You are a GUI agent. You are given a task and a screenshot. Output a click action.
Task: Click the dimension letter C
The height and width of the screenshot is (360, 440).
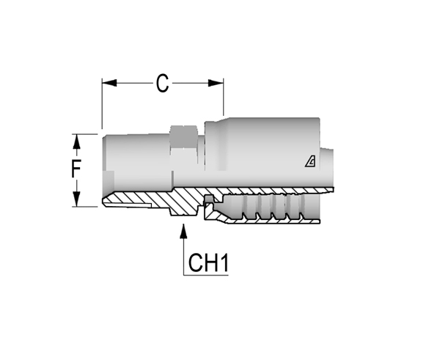coord(163,84)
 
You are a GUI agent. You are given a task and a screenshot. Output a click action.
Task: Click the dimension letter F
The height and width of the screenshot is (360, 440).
coord(76,169)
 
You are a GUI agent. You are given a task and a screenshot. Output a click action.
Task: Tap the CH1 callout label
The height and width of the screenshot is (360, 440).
coord(208,262)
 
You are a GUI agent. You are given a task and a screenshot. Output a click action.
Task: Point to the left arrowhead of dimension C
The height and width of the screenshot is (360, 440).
coord(109,83)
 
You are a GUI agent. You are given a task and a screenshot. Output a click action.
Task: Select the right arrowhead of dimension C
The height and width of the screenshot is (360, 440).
coord(216,83)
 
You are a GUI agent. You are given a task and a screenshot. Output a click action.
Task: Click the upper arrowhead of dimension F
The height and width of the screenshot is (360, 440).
coord(76,142)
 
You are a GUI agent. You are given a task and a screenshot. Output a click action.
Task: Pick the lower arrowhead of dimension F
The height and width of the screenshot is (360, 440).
coord(76,199)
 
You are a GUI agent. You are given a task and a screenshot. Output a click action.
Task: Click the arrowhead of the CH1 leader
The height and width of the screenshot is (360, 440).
coord(183,231)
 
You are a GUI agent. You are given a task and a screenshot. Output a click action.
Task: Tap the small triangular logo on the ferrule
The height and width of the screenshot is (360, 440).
coord(310,162)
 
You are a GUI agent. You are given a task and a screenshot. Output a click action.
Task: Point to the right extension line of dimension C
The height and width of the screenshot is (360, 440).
coord(224,97)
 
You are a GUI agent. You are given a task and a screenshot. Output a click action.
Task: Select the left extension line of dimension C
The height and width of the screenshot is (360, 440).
coord(102,104)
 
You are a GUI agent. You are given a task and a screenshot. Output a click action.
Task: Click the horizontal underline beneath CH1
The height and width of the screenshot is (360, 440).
coord(205,275)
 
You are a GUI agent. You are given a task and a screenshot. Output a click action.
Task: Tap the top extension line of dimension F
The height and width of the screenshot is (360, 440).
coord(85,134)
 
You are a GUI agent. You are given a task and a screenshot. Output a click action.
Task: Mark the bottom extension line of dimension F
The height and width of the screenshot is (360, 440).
coord(85,207)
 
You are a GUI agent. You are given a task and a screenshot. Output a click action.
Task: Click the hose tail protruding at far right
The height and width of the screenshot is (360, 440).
coord(327,169)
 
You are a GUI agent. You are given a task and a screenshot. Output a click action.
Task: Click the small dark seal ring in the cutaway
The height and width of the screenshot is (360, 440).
coord(209,199)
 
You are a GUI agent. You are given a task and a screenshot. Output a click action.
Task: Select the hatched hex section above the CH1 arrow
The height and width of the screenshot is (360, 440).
coord(184,202)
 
